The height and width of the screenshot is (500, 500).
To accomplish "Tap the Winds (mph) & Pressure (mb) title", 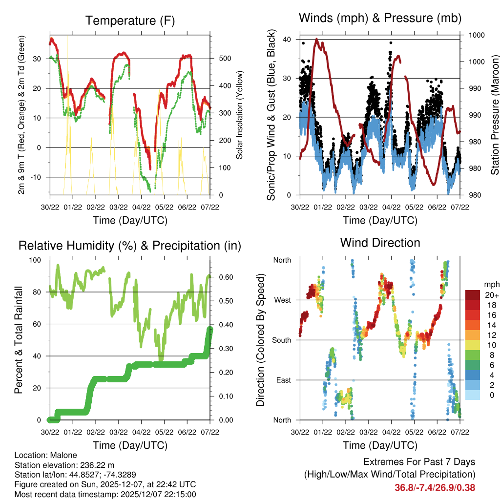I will click(x=380, y=18).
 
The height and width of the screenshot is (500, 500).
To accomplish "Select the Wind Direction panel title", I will click(x=380, y=243).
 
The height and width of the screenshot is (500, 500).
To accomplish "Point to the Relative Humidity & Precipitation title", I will click(x=130, y=246).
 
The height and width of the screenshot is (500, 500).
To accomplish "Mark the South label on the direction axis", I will click(x=282, y=340).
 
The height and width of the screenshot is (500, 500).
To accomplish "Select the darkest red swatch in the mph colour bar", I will click(x=472, y=295).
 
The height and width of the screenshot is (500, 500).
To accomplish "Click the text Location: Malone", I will click(x=43, y=455).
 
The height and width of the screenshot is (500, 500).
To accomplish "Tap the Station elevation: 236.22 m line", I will click(x=64, y=465).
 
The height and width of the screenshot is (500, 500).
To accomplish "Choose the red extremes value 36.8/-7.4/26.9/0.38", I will click(x=435, y=487).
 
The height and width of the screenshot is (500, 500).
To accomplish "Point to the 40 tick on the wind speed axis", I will click(x=288, y=40).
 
